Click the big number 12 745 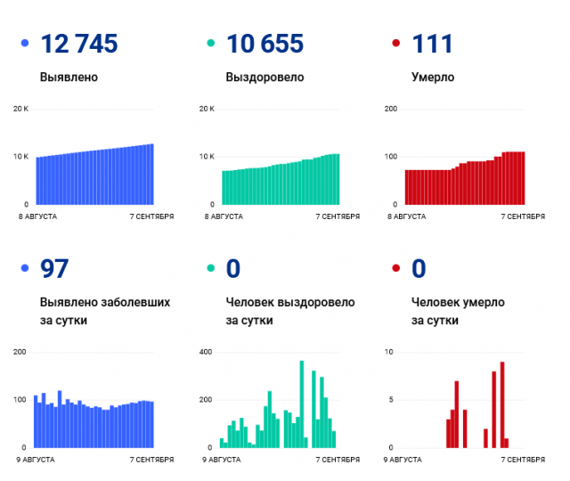(79, 43)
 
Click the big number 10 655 (265, 43)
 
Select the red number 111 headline (433, 43)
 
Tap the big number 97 (54, 268)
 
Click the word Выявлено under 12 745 (69, 77)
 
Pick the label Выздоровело (265, 77)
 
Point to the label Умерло (433, 77)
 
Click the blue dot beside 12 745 (24, 43)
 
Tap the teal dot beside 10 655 (210, 43)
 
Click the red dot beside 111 (395, 43)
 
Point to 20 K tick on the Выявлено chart (20, 109)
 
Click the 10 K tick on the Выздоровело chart (207, 157)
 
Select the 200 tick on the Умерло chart (390, 109)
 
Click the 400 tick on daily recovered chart (207, 353)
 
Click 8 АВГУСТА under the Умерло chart (409, 216)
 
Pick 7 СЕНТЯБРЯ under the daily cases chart (151, 460)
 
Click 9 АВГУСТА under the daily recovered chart (222, 460)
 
